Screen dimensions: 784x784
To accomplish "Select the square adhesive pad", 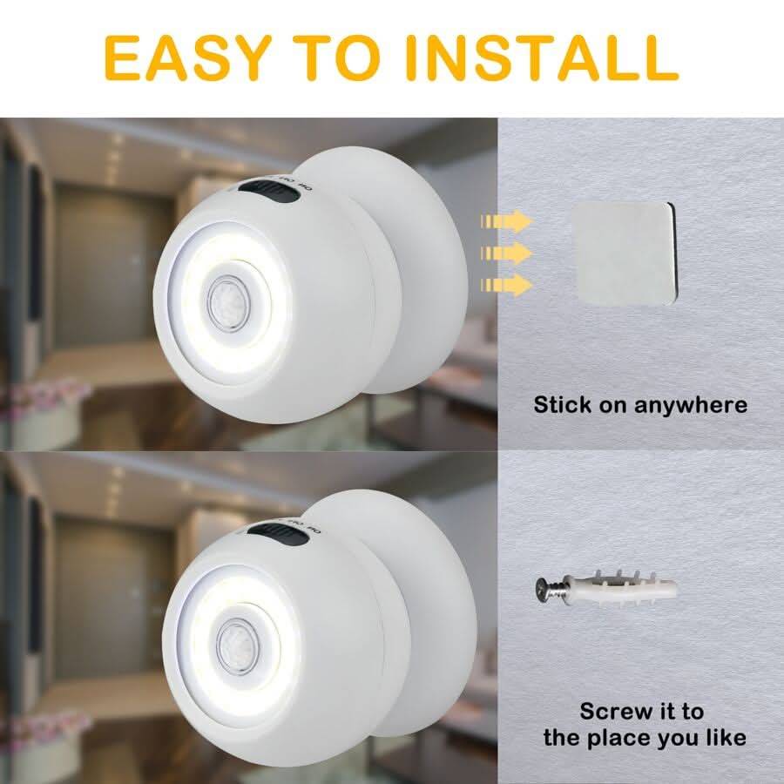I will [x=622, y=253].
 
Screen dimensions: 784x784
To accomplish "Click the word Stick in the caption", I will [x=563, y=404].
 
